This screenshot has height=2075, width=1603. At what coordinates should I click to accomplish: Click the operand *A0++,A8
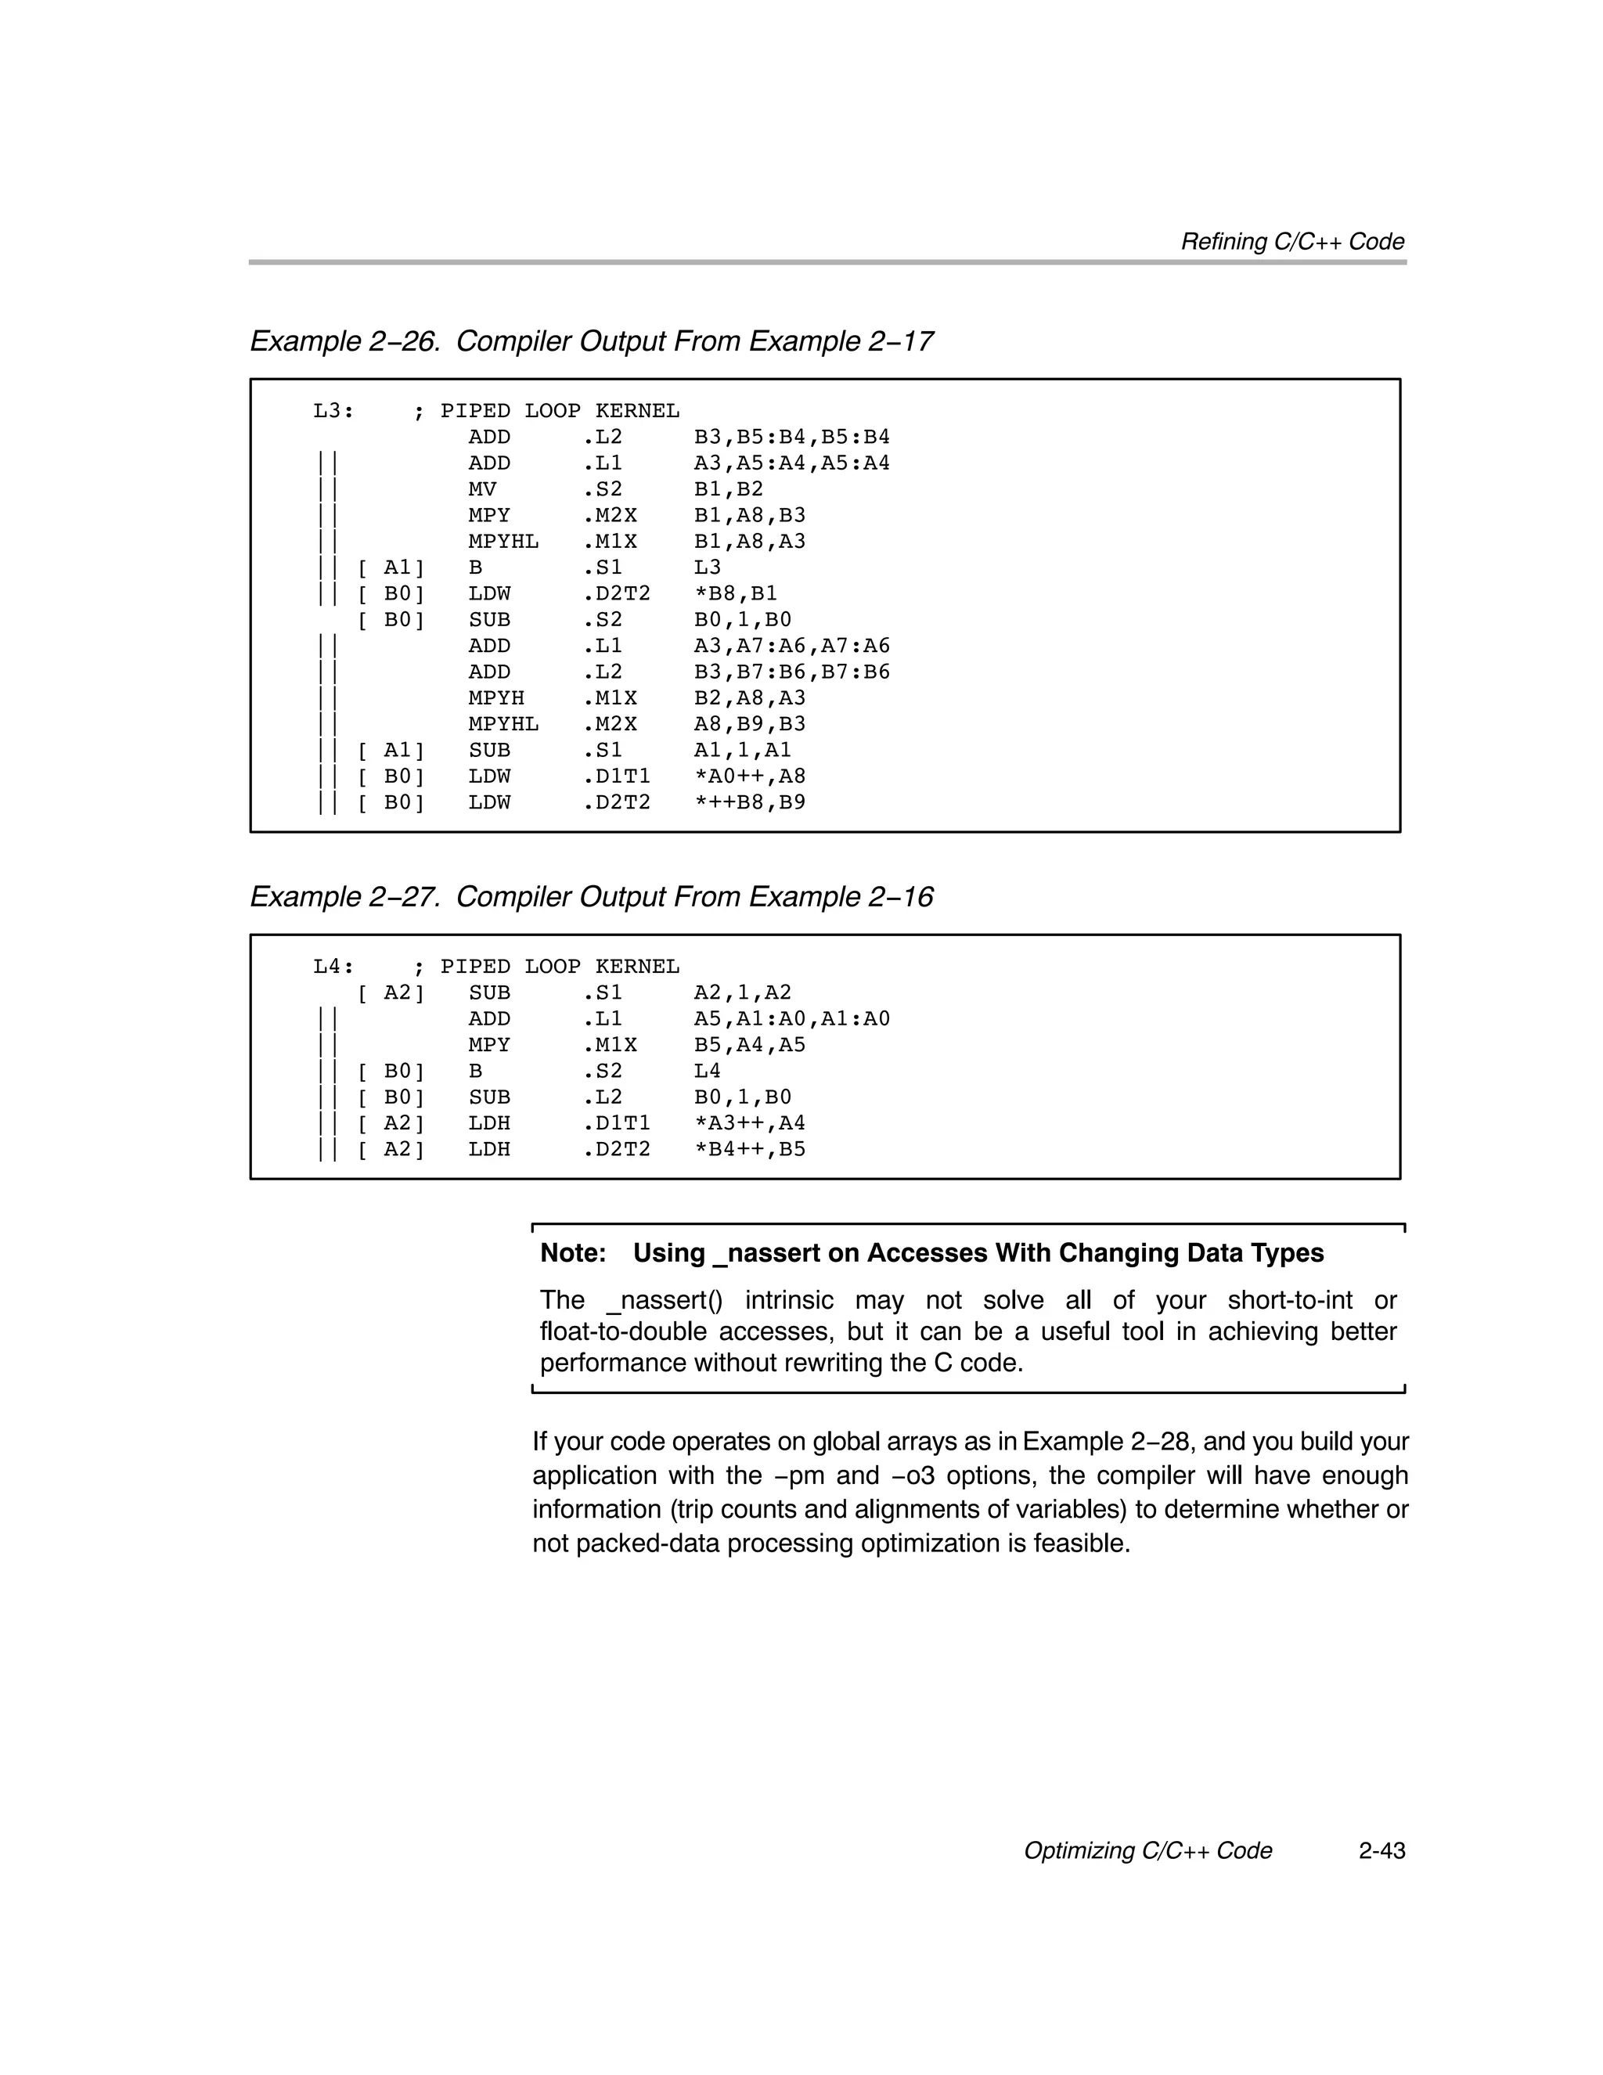pos(750,776)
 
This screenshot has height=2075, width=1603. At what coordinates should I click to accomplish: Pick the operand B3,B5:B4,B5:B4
pos(791,437)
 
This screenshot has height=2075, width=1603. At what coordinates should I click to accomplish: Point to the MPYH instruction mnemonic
pos(496,698)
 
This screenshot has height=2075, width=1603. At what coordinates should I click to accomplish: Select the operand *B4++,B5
pos(750,1150)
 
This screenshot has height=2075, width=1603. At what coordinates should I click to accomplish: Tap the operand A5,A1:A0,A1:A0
pos(791,1019)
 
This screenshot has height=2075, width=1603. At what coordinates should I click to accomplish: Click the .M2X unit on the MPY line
pos(609,516)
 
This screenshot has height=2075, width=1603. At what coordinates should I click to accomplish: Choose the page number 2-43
pos(1381,1851)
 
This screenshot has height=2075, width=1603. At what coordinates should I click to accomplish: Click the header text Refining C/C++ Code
pos(1292,243)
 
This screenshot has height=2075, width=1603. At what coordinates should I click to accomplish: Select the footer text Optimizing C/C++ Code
pos(1147,1851)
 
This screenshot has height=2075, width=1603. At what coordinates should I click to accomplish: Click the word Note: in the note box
pos(573,1253)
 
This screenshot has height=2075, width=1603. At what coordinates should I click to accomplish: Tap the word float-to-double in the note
pos(622,1332)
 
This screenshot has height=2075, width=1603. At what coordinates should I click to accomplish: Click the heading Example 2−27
pos(344,897)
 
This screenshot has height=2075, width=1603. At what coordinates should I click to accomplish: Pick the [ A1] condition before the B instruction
pos(391,568)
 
